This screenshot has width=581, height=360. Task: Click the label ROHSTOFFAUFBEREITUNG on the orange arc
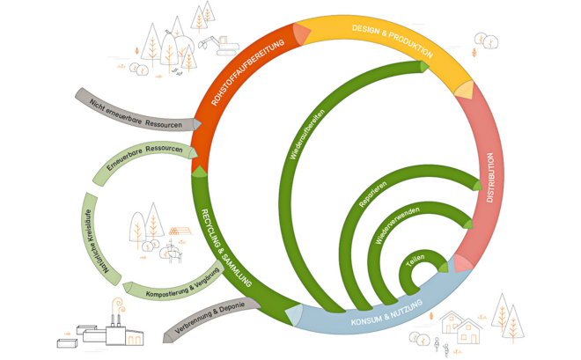[x=247, y=72]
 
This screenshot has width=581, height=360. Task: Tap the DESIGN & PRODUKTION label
[x=393, y=40]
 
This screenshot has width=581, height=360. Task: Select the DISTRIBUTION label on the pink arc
[x=490, y=178]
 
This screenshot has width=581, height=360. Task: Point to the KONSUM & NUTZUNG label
[x=386, y=313]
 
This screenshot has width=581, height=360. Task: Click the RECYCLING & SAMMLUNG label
[x=225, y=248]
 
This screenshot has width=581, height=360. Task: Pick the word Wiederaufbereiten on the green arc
[x=307, y=134]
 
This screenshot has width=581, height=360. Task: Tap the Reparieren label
[x=372, y=194]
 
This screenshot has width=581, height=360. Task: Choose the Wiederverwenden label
[x=397, y=224]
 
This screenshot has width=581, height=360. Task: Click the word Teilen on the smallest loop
[x=415, y=261]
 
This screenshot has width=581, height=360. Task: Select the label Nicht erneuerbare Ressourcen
[x=136, y=114]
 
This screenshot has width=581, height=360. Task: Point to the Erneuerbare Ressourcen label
[x=144, y=157]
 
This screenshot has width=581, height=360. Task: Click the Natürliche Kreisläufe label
[x=95, y=241]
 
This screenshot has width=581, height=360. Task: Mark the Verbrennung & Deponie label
[x=210, y=318]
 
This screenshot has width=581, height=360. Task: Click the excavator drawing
[x=218, y=46]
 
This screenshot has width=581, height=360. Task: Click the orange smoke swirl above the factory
[x=119, y=305]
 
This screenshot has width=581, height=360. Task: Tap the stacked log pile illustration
[x=180, y=231]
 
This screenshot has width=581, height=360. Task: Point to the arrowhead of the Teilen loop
[x=443, y=267]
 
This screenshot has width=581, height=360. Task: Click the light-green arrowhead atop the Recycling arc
[x=200, y=172]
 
